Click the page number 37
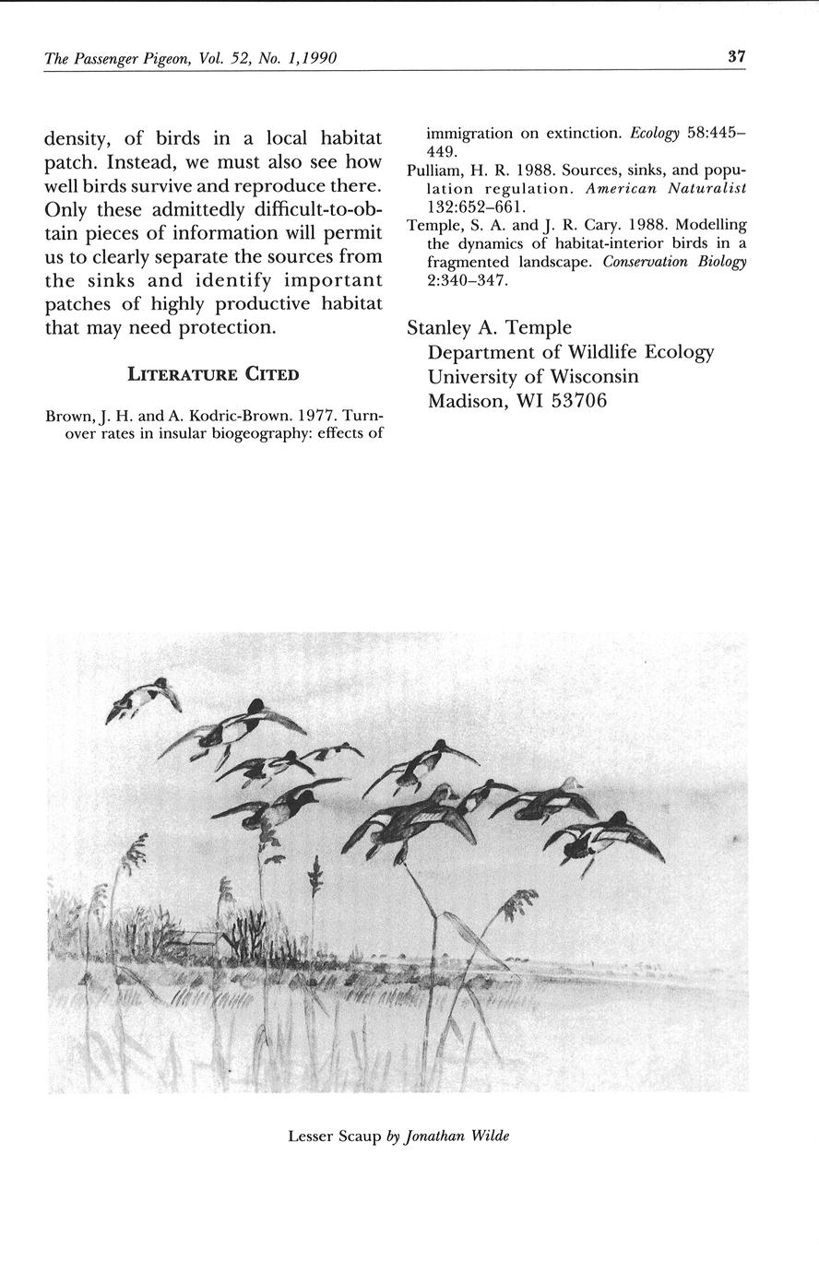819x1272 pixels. [x=736, y=57]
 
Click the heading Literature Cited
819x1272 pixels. [x=213, y=373]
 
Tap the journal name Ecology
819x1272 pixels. [x=654, y=134]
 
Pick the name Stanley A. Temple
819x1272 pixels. [x=489, y=327]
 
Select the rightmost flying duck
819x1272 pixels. [x=604, y=837]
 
